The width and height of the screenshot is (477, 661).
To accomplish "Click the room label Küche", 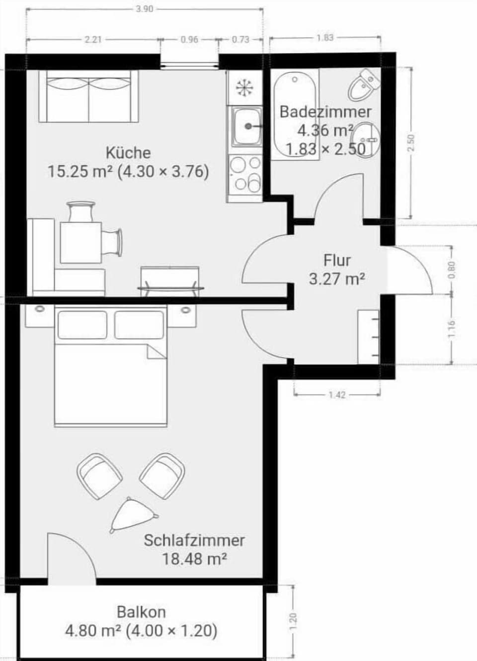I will tap(128, 152).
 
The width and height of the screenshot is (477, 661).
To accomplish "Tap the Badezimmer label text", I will tap(325, 112).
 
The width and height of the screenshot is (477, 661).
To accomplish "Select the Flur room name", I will tap(337, 260).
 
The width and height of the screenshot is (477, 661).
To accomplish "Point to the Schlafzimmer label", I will tap(194, 540).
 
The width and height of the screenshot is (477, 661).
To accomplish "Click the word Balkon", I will tap(141, 612).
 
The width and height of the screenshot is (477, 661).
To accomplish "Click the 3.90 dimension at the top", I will tap(144, 9).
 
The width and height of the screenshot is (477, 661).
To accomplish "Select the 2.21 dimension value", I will tap(93, 40).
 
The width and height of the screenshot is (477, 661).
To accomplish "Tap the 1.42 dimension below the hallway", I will tap(337, 395).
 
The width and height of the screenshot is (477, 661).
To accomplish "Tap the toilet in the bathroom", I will tap(364, 85).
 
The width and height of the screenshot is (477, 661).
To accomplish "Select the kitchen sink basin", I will tap(245, 127).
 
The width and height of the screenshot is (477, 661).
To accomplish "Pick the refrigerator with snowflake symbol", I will tap(244, 88).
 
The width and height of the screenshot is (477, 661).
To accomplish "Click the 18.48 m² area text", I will tap(194, 559).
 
